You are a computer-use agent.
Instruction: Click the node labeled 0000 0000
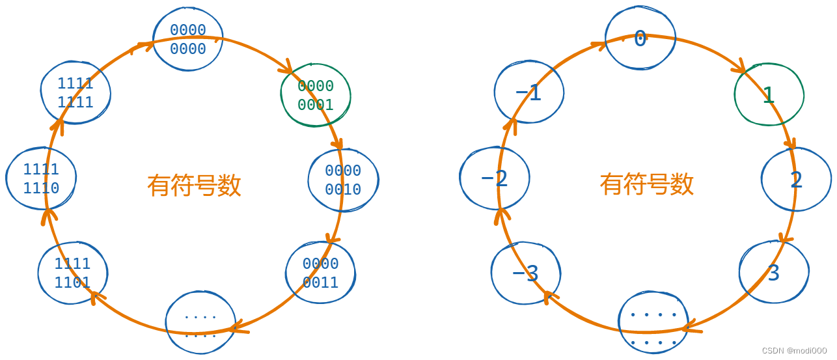[x=188, y=39]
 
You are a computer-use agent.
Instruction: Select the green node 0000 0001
[x=316, y=95]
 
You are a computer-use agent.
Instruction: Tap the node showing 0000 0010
[x=343, y=180]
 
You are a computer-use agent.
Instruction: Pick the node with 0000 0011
[x=320, y=273]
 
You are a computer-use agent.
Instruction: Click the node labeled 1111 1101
[x=72, y=273]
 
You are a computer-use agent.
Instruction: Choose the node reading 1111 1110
[x=41, y=178]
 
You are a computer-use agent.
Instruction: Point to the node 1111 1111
[x=75, y=92]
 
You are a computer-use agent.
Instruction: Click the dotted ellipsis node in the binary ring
[x=200, y=324]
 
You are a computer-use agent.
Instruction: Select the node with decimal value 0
[x=640, y=39]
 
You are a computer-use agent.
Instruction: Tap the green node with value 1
[x=769, y=95]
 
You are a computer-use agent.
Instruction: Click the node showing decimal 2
[x=796, y=180]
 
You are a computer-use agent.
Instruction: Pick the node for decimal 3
[x=773, y=273]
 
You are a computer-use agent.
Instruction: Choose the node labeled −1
[x=528, y=93]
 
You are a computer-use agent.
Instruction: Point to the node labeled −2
[x=495, y=178]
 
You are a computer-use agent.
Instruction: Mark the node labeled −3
[x=525, y=273]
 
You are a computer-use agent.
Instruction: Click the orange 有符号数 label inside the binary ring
[x=194, y=186]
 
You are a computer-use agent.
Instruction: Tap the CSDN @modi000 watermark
[x=794, y=351]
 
